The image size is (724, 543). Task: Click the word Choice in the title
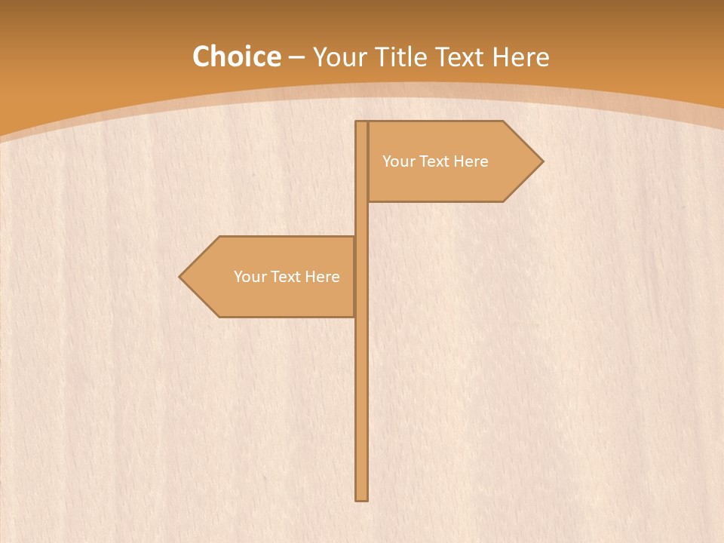(237, 57)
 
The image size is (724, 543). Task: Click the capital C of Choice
(201, 57)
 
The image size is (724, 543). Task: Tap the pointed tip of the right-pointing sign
(541, 161)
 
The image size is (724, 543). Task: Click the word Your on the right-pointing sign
(399, 161)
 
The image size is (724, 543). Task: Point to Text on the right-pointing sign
(435, 161)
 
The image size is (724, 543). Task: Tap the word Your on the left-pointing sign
(250, 277)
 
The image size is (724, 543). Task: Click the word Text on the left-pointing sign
(287, 277)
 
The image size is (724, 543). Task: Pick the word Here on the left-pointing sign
(323, 277)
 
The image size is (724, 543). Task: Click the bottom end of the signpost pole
(362, 498)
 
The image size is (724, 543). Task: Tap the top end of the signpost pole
(362, 124)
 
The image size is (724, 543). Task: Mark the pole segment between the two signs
(362, 219)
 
